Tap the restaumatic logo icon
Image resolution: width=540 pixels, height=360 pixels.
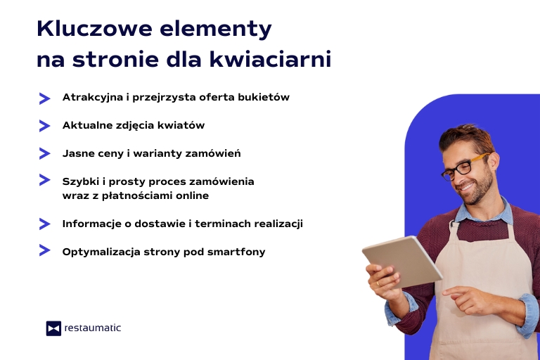pos(53,328)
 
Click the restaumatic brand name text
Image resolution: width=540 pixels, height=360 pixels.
pos(92,328)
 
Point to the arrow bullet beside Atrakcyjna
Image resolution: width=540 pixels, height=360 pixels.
pos(44,98)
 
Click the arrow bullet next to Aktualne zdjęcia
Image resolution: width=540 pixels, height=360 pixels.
pos(44,126)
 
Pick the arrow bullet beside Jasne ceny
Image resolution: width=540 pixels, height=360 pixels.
pos(44,153)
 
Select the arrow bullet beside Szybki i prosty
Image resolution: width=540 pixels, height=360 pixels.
pos(44,180)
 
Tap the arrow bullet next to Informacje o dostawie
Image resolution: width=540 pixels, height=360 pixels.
pos(44,224)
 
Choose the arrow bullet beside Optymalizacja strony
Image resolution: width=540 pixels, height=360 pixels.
pos(44,250)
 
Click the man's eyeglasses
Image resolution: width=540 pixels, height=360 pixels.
pos(461,167)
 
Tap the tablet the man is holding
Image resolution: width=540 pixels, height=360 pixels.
pos(401,260)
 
